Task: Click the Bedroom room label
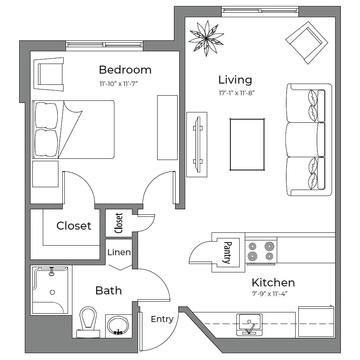(x=125, y=70)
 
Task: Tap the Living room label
(x=235, y=80)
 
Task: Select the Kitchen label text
(x=273, y=283)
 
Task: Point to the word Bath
(x=108, y=290)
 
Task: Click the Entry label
(x=162, y=319)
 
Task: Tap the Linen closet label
(x=119, y=252)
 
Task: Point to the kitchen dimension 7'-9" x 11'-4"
(x=270, y=294)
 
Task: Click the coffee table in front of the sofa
(x=246, y=145)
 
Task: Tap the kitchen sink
(x=250, y=324)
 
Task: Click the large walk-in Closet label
(x=74, y=226)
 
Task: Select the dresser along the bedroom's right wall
(x=168, y=127)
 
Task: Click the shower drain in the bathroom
(x=52, y=292)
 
